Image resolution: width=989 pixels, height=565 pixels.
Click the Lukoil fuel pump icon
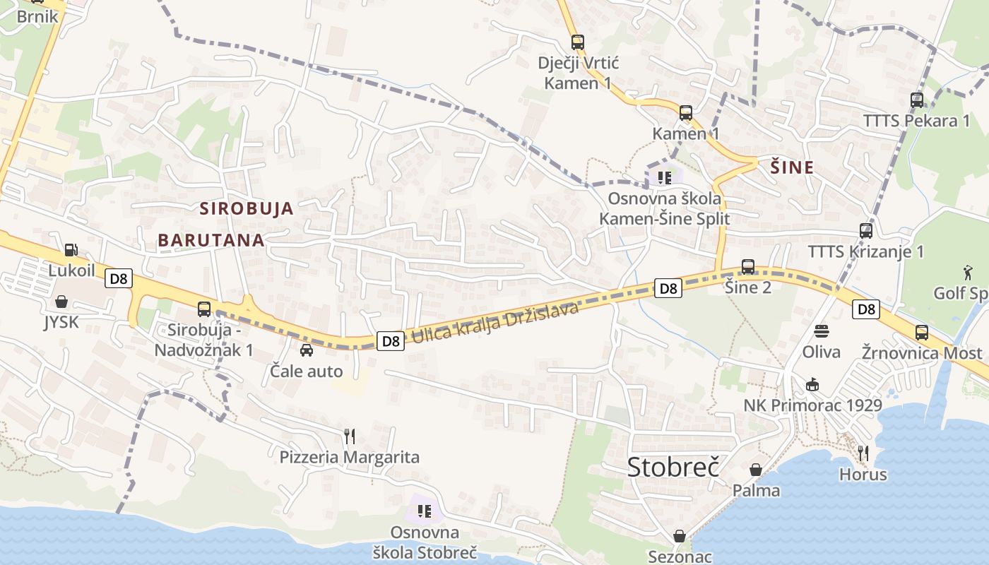(x=71, y=249)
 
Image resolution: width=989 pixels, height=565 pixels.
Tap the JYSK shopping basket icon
(x=61, y=302)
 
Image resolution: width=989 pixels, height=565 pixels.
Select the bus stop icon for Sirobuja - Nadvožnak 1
(x=204, y=309)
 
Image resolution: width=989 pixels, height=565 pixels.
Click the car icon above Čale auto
(x=307, y=350)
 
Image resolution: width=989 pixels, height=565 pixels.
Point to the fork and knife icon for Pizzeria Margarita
(x=349, y=436)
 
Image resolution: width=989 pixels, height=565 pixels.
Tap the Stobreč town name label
(x=673, y=467)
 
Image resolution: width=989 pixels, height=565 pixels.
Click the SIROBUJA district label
(x=246, y=208)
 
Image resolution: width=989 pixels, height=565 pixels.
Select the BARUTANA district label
(x=211, y=240)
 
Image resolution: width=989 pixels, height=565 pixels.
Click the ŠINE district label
(x=792, y=167)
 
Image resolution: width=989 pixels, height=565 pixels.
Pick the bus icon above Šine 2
(x=748, y=267)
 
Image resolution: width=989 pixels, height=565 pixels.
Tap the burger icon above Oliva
(x=821, y=331)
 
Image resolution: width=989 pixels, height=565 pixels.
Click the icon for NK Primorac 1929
(x=812, y=384)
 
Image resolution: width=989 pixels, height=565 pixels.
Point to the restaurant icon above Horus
(x=863, y=453)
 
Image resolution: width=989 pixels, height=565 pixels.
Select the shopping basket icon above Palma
(x=756, y=470)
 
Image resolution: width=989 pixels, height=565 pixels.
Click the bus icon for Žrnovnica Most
(x=921, y=332)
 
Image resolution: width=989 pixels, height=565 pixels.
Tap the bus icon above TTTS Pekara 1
(x=917, y=100)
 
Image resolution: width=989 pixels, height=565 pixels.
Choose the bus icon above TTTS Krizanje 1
(x=865, y=230)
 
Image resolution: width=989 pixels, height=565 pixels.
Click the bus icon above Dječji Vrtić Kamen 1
(x=578, y=42)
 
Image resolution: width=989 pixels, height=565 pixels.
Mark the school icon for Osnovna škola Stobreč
(x=425, y=511)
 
